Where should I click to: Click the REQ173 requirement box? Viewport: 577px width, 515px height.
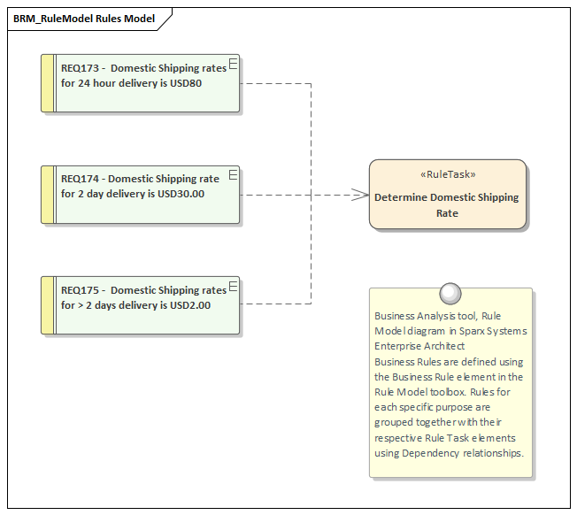point(142,83)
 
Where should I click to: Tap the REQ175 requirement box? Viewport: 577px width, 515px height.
point(142,305)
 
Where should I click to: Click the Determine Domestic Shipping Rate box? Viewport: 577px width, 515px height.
point(447,205)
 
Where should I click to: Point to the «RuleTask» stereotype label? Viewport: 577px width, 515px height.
point(447,174)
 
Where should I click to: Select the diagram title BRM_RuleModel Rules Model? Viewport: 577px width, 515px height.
point(84,18)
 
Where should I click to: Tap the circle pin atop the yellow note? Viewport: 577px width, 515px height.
point(450,293)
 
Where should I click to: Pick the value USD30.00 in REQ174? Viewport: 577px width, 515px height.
point(181,194)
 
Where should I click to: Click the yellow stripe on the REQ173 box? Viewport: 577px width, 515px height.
point(48,83)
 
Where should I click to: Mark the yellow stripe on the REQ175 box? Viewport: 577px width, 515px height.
point(48,305)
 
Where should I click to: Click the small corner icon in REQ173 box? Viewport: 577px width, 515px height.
point(234,62)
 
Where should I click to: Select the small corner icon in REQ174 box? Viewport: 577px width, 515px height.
point(234,173)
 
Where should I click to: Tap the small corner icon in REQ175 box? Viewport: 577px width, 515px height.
point(234,284)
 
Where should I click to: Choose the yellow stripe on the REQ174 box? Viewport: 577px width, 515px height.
point(48,194)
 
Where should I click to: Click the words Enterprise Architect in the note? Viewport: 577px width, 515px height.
point(419,346)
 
